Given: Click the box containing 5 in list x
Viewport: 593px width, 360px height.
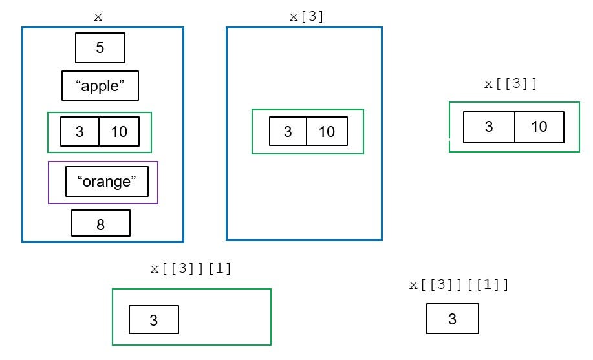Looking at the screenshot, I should pos(100,48).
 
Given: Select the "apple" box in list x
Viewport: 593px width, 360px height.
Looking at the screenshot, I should pos(100,86).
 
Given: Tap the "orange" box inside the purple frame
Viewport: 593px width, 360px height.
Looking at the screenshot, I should pos(107,182).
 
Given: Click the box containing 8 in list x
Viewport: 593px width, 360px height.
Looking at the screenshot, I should pos(101,223).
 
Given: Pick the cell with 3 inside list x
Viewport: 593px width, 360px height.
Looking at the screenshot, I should pos(80,132).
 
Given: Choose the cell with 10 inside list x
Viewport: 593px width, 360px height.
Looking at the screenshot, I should pos(119,132).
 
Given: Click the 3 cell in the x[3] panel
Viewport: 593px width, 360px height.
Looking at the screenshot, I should pos(288,131).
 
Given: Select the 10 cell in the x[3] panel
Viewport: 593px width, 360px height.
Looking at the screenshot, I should pos(327,131).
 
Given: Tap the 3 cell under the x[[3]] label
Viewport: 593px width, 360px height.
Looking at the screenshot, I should pos(489,127).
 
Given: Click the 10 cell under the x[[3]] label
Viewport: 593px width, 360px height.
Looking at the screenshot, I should pos(539,127).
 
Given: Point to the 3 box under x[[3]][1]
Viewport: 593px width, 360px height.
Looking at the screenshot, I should pos(154,320).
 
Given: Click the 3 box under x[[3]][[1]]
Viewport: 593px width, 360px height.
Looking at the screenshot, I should pos(453,319).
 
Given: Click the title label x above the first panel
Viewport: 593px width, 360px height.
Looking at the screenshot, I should pos(98,17).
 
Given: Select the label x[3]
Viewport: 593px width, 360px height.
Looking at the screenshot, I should pos(306,17).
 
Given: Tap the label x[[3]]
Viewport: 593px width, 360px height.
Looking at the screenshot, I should pos(511,84).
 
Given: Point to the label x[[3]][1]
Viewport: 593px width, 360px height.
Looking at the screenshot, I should pos(191,269).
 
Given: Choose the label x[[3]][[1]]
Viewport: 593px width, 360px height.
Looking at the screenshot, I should pos(459,285).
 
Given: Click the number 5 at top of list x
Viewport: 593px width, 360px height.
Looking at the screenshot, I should pos(100,48).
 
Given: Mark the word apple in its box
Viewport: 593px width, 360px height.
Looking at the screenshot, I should pos(100,87).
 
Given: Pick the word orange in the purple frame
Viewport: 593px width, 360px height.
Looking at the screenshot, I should pos(107,182).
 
